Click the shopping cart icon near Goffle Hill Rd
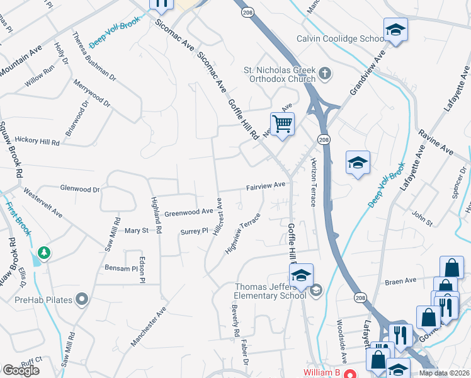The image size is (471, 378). tap(283, 123)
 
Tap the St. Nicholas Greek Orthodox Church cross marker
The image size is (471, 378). tap(325, 74)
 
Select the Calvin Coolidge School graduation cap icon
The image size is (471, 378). tap(395, 30)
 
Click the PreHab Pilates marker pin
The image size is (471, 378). tap(81, 299)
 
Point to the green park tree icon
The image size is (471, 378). tap(43, 253)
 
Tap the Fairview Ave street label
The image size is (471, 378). tap(266, 186)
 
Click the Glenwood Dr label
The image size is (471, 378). tap(79, 188)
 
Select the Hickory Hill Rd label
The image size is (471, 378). tap(37, 142)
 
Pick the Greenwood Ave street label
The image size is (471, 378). tap(189, 212)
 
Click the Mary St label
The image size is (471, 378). tap(136, 231)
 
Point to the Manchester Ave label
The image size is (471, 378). tap(148, 326)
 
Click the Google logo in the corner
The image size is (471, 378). tap(20, 370)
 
